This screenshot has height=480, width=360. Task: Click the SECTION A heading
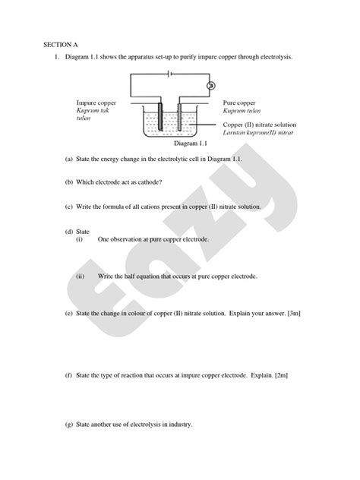click(60, 45)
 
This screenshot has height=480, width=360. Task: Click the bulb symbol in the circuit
click(212, 87)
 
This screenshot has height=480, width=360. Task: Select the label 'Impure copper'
click(96, 102)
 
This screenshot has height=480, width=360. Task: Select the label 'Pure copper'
click(240, 102)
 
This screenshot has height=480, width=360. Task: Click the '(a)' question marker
click(70, 159)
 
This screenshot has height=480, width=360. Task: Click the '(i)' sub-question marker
click(79, 238)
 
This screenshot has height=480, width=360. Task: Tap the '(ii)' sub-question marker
click(80, 276)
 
